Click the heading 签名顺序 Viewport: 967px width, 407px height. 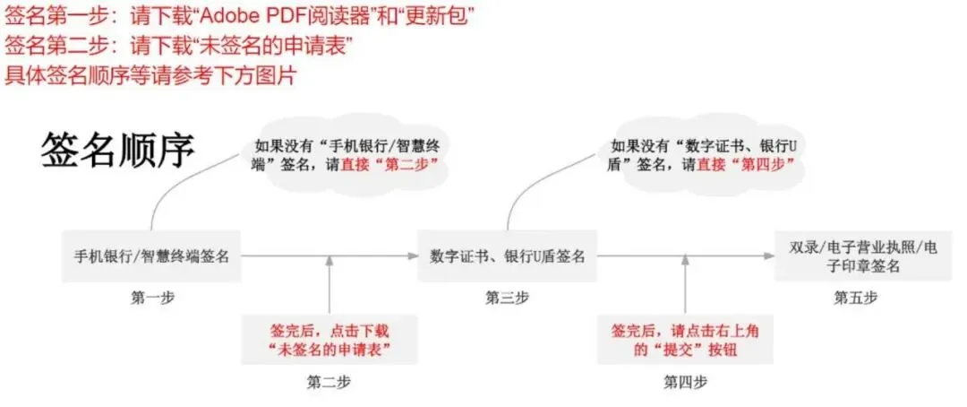coord(117,151)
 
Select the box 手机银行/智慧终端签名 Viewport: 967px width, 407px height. coord(151,256)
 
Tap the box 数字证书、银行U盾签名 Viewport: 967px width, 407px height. coord(507,256)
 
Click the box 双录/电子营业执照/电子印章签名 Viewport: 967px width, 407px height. coord(858,256)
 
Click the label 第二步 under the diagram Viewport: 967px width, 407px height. coord(329,382)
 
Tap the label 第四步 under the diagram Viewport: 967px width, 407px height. coord(685,382)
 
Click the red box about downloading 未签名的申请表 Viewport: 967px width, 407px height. coord(329,339)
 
